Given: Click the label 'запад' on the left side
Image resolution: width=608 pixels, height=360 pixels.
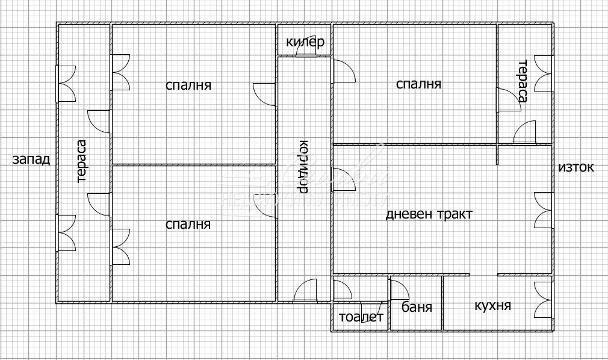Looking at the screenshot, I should tap(31, 160).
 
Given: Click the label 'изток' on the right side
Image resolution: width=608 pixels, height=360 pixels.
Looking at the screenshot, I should tap(576, 167).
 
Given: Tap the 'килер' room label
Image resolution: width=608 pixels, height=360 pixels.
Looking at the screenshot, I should tap(305, 42).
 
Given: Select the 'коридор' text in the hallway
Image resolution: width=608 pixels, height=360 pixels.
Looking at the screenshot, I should tap(303, 167).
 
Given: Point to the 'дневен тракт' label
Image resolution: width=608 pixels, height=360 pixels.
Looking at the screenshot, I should tap(429, 214).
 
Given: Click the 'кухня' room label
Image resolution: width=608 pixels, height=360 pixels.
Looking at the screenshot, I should tap(492, 306).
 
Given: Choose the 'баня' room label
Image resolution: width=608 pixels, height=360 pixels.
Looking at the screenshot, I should tap(417, 308).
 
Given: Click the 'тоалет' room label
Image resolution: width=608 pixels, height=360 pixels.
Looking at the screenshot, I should tap(361, 318).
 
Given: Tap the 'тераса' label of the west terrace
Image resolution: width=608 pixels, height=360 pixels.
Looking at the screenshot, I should tap(82, 161).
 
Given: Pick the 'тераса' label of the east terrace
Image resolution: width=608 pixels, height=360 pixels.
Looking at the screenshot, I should tap(522, 81).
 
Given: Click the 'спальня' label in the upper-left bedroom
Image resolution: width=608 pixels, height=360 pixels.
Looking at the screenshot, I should tap(188, 85).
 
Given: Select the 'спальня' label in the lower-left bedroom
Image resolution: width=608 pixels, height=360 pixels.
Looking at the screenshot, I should tap(188, 225).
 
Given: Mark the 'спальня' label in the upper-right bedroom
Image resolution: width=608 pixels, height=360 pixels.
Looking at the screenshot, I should tap(418, 84).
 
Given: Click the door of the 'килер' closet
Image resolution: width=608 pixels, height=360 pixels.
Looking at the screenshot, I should tap(306, 51).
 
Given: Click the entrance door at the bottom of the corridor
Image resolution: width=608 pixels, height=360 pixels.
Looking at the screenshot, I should tap(306, 291).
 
